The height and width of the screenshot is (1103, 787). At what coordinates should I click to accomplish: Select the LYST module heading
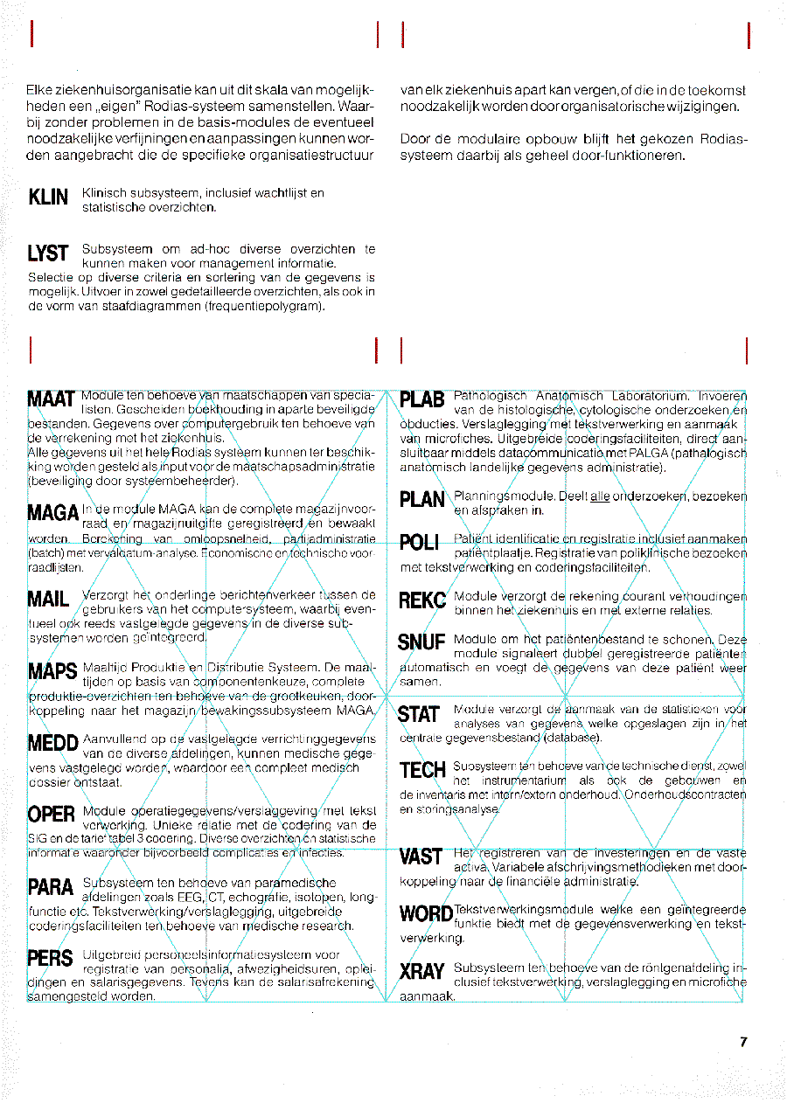(x=49, y=254)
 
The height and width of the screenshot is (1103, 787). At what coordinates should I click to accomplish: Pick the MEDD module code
(x=52, y=744)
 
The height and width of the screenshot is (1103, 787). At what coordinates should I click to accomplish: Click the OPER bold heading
(x=51, y=815)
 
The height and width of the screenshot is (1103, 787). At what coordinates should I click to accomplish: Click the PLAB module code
(x=423, y=401)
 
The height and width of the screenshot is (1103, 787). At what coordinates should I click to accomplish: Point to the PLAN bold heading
(x=423, y=500)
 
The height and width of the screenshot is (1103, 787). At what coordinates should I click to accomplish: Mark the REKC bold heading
(x=423, y=600)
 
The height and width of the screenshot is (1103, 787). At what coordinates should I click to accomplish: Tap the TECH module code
(x=423, y=771)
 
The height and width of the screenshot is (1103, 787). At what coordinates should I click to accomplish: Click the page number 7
(x=743, y=1042)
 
